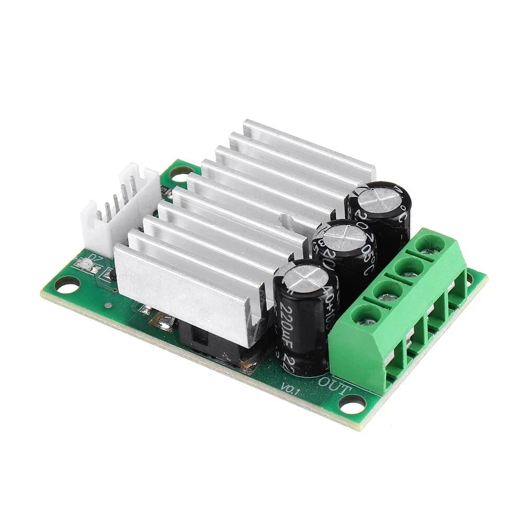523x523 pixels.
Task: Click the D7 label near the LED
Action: (95, 258)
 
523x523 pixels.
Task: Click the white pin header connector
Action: (120, 209)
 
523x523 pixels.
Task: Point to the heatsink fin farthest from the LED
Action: (309, 144)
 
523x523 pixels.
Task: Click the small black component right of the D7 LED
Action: (110, 273)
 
